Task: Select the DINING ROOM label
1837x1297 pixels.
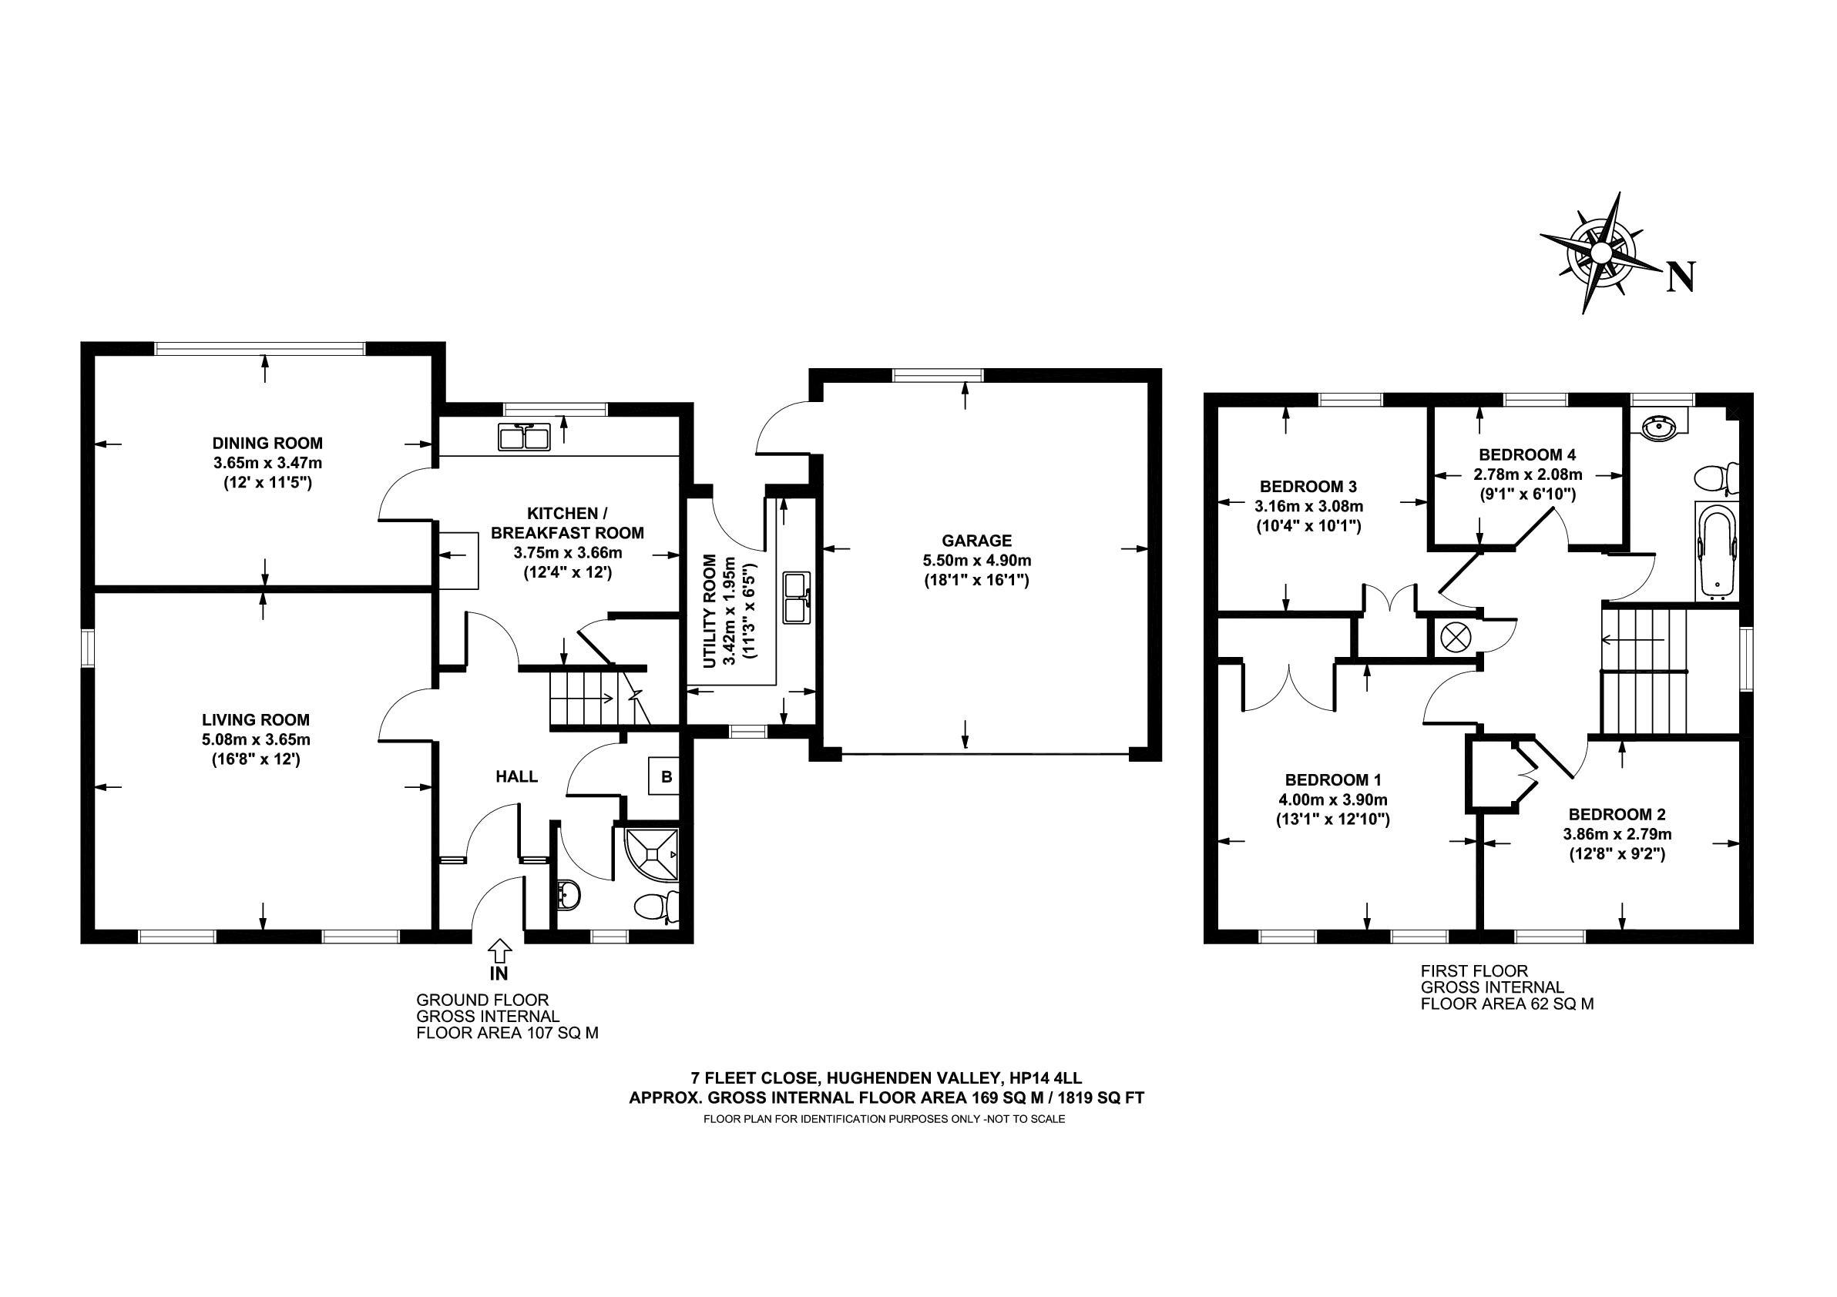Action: click(267, 443)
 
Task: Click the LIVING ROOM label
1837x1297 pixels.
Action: click(256, 719)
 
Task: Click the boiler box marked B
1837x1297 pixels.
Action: click(665, 776)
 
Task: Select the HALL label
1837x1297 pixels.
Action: click(517, 776)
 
